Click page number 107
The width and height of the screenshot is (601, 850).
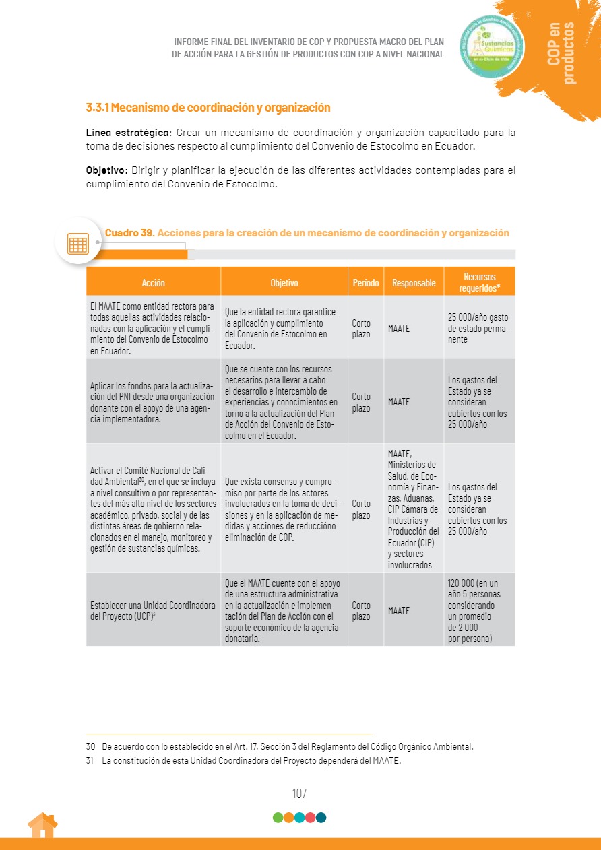[300, 794]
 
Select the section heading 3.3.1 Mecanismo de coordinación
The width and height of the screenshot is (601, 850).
[208, 108]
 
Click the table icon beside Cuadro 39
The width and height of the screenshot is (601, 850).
[78, 243]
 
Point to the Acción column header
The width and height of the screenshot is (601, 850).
[153, 283]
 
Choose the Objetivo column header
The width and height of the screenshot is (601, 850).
[284, 283]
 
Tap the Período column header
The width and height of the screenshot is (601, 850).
[366, 283]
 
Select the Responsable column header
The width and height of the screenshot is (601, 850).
[414, 283]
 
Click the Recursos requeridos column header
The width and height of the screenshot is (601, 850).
[479, 282]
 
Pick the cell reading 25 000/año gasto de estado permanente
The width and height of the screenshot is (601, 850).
[478, 329]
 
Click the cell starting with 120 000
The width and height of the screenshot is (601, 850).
[478, 611]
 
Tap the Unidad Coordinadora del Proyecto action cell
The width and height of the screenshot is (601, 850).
[153, 611]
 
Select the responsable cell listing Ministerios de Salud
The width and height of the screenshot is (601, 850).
[413, 509]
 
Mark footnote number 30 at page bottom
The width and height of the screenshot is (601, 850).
[90, 746]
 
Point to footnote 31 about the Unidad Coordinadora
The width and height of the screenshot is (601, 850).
[251, 761]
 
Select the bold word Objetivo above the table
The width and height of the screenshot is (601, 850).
[106, 170]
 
